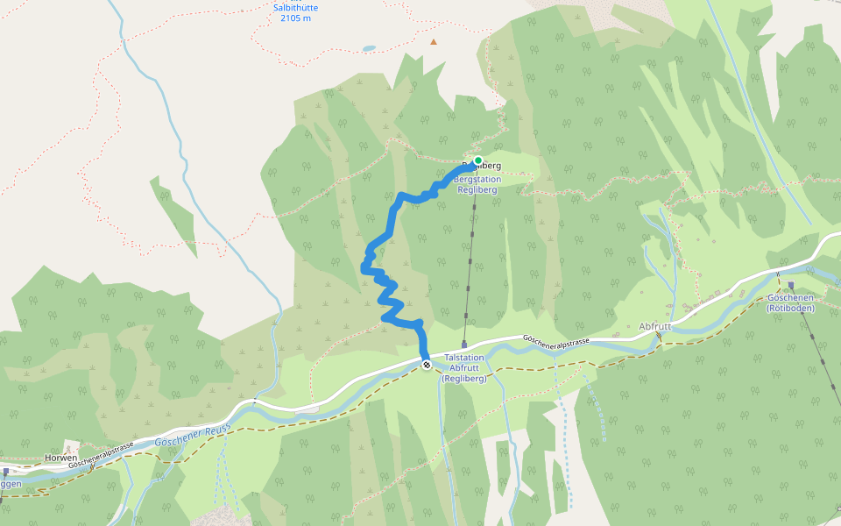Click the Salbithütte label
coord(295,8)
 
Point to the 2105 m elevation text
coord(295,18)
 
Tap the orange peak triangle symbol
coord(433,41)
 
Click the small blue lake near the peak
coord(370,48)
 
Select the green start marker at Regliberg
coord(478,160)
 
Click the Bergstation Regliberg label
coord(477,185)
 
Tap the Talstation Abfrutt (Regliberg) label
coord(464,368)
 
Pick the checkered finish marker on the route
coord(426,365)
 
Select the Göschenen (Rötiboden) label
coord(790,302)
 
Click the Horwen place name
coord(61,458)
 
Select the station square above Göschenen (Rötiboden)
coord(790,286)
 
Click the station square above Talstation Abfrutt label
coord(464,345)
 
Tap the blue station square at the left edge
coord(5,471)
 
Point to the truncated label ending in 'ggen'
coord(11,483)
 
